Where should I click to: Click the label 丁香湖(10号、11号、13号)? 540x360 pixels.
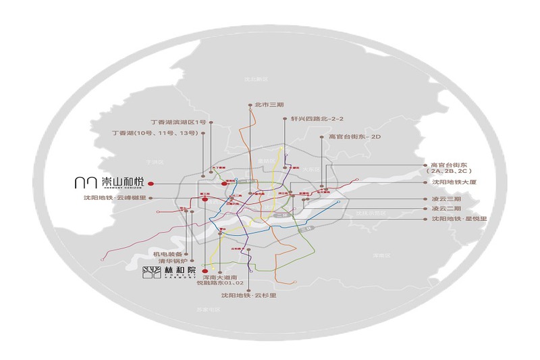pyautogui.click(x=154, y=134)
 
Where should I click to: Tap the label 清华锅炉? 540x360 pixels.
pyautogui.click(x=167, y=263)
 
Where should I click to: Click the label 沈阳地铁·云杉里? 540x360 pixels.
pyautogui.click(x=249, y=295)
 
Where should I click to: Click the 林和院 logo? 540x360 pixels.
pyautogui.click(x=169, y=272)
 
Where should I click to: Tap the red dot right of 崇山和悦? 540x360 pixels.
pyautogui.click(x=151, y=182)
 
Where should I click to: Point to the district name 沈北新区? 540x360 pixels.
pyautogui.click(x=256, y=79)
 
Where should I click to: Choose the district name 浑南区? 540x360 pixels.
pyautogui.click(x=382, y=256)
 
